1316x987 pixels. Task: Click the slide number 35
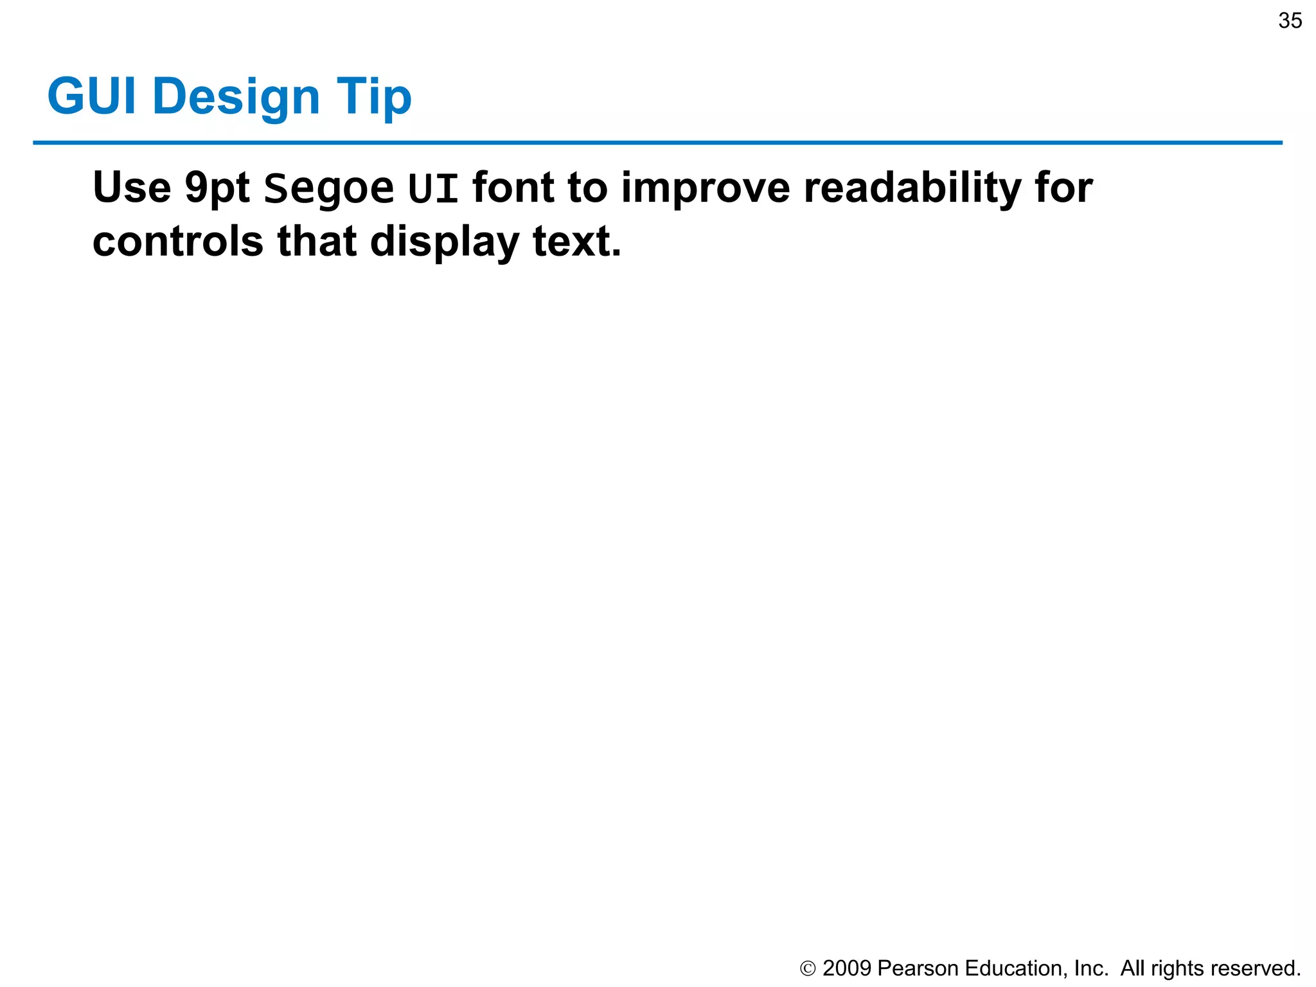click(x=1290, y=21)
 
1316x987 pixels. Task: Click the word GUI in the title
click(x=92, y=96)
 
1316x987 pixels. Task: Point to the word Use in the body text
click(x=132, y=188)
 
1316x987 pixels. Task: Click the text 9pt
click(x=217, y=189)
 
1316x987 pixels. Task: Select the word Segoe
click(x=329, y=189)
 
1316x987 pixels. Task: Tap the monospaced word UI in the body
click(x=433, y=188)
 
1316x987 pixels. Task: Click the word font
click(x=513, y=188)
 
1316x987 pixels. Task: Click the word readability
click(x=912, y=189)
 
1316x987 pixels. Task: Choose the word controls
click(x=178, y=242)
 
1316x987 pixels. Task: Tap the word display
click(x=444, y=243)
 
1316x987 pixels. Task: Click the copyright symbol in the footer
click(x=808, y=968)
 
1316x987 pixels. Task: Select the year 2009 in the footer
click(x=846, y=968)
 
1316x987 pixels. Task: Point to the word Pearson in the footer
click(x=918, y=968)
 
